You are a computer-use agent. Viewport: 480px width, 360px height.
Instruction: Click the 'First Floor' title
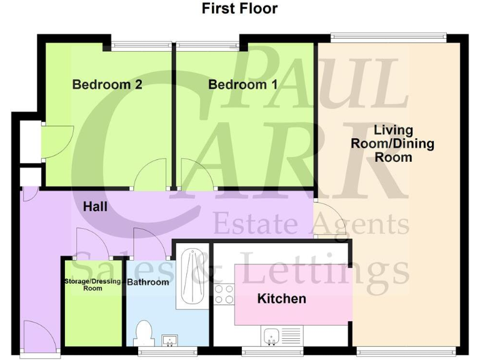point(240,9)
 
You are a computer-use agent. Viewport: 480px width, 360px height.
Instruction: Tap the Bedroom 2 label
point(107,84)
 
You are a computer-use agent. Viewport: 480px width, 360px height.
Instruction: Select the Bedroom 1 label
point(242,84)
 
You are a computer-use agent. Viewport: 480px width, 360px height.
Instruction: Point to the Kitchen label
point(282,299)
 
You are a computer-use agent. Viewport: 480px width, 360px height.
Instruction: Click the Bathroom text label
point(148,282)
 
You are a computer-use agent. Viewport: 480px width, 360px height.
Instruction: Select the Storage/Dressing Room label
point(92,285)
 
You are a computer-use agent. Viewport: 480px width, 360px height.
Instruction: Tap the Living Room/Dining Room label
point(392,144)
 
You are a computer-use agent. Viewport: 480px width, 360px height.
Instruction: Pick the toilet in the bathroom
point(144,332)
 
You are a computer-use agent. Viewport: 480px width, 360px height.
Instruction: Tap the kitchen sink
point(272,337)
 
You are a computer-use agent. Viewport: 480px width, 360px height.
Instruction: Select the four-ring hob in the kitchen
point(224,294)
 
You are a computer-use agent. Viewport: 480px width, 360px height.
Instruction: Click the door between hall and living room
point(324,220)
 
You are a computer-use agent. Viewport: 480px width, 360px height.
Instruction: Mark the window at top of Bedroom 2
point(142,43)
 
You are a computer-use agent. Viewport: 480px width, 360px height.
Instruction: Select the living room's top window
point(388,37)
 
